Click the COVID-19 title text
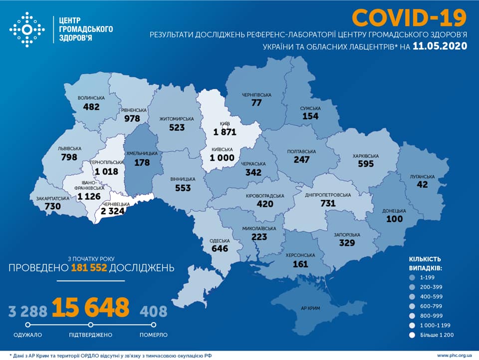(x=409, y=17)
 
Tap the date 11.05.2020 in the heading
(x=440, y=46)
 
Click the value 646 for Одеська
(x=220, y=248)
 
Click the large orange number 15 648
(x=90, y=308)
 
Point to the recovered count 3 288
(x=28, y=312)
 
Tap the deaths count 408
(x=153, y=312)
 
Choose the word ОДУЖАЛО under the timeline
(x=28, y=335)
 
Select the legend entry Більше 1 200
(x=436, y=335)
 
